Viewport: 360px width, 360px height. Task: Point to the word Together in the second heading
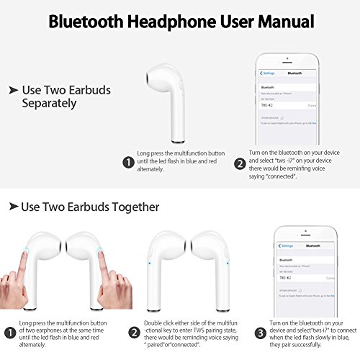coord(133,207)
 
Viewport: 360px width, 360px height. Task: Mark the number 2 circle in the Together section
coord(134,332)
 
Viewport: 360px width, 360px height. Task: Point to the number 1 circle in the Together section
coord(9,332)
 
